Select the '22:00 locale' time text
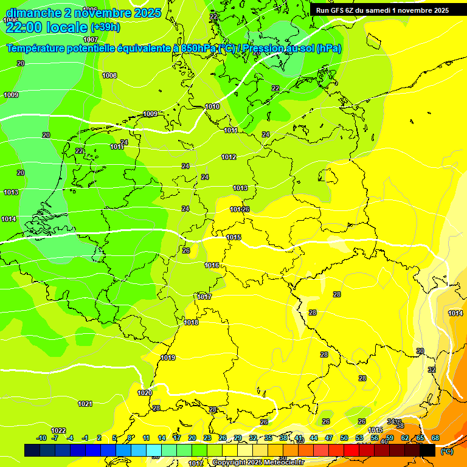pyautogui.click(x=46, y=27)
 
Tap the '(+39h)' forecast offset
pyautogui.click(x=105, y=27)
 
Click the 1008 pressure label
pyautogui.click(x=109, y=75)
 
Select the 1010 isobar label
pyautogui.click(x=212, y=106)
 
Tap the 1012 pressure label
pyautogui.click(x=229, y=157)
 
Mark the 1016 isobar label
pyautogui.click(x=212, y=265)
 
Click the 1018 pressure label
pyautogui.click(x=191, y=322)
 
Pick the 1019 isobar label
pyautogui.click(x=168, y=358)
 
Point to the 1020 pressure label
pyautogui.click(x=145, y=393)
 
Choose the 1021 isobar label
pyautogui.click(x=85, y=404)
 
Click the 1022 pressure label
pyautogui.click(x=58, y=431)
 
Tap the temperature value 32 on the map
pyautogui.click(x=432, y=370)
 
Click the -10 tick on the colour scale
pyautogui.click(x=41, y=438)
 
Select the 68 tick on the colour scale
pyautogui.click(x=435, y=438)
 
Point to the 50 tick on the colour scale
pyautogui.click(x=344, y=438)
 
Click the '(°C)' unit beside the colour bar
pyautogui.click(x=447, y=451)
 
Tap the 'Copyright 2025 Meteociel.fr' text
pyautogui.click(x=258, y=463)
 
